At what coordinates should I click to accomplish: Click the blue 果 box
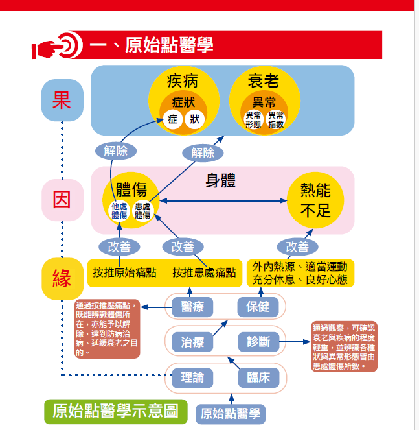[62, 100]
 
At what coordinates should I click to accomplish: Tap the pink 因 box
[62, 200]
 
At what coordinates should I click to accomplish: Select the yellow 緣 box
[62, 279]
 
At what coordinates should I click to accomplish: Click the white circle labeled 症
[172, 119]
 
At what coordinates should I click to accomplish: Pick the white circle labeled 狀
[194, 119]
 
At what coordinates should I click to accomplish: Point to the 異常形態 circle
[253, 120]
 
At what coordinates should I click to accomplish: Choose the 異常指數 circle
[275, 120]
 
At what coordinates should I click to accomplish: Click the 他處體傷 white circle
[119, 211]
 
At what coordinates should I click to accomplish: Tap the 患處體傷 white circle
[142, 211]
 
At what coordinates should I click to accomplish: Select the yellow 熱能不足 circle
[315, 200]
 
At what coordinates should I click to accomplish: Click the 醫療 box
[192, 307]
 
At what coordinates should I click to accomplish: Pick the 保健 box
[258, 307]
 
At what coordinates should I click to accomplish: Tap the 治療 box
[192, 342]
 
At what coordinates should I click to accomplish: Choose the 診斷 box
[259, 342]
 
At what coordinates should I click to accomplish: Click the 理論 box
[192, 377]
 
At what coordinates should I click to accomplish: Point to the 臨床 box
[259, 377]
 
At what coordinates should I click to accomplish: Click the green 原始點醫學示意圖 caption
[116, 411]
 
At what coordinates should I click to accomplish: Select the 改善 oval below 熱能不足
[297, 247]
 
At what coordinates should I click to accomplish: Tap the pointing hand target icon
[58, 45]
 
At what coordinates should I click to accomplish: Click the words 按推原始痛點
[124, 272]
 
